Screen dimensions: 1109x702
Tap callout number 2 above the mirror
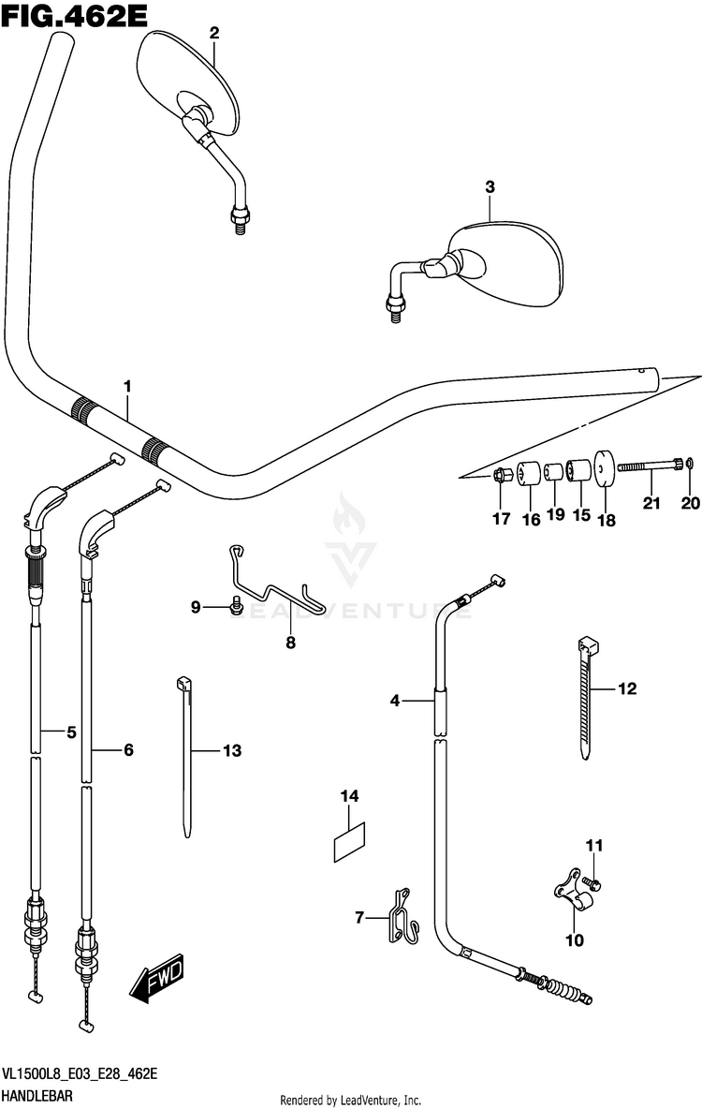pos(214,34)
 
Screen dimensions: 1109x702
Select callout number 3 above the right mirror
pos(489,187)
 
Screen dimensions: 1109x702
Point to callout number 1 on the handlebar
pos(127,387)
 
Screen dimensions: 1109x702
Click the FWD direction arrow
pos(156,980)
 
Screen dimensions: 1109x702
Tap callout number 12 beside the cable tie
pos(626,689)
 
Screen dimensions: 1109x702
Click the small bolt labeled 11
pos(593,882)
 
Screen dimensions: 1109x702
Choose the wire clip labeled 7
pos(403,915)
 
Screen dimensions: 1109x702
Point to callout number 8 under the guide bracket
pos(290,643)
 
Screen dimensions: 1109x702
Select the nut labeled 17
pos(501,477)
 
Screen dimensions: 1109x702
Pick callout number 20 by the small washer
pos(690,504)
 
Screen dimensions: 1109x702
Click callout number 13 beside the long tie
pos(231,750)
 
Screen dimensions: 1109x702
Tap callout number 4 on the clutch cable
pos(395,700)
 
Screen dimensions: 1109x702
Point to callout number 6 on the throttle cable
pos(128,749)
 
